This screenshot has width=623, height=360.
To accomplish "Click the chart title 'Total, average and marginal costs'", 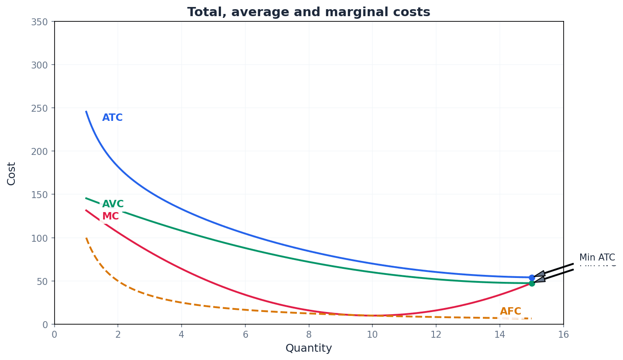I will point(309,12).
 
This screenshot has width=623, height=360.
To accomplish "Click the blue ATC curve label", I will point(112,118).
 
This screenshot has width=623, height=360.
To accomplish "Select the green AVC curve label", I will point(113,204).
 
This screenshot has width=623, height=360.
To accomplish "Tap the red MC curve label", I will point(110,216).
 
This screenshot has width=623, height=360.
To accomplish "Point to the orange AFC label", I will point(510,312).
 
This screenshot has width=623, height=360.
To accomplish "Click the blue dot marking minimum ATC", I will point(532,278).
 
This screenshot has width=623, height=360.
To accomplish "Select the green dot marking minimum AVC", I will point(532,283).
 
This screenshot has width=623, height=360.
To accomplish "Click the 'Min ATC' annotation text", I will point(597,257).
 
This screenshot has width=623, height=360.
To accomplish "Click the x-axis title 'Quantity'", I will point(309,348).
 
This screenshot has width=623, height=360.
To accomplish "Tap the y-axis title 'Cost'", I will point(12,173).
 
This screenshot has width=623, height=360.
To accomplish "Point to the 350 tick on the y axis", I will point(39,22).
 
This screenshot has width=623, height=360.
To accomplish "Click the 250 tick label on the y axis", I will point(39,108).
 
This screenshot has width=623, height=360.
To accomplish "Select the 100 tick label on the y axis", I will point(39,238).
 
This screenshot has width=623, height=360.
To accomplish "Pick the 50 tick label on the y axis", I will point(41,281).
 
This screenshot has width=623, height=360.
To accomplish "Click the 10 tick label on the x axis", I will point(372,335).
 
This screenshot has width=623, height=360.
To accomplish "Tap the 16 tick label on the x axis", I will point(563,335).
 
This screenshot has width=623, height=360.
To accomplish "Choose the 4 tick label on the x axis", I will point(182,335).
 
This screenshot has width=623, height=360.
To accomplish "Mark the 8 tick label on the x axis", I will point(309,335).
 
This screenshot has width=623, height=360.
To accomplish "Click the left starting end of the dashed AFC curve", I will point(86,238).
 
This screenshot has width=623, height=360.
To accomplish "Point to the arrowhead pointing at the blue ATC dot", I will point(540,274).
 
